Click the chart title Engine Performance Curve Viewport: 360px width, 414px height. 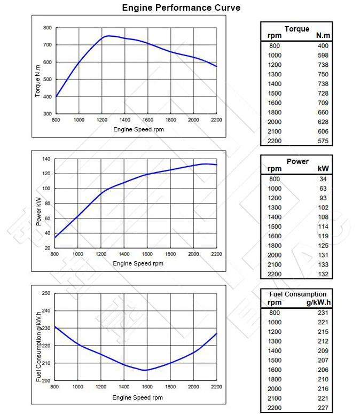click(x=181, y=8)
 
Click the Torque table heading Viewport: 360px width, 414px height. click(x=297, y=29)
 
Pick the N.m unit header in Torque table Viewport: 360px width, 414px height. click(x=323, y=36)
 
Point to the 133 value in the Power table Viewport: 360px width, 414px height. click(x=323, y=265)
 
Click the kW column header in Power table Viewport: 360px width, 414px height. click(x=323, y=169)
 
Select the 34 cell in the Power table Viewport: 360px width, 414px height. click(x=323, y=179)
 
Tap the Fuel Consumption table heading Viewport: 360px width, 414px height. click(x=298, y=294)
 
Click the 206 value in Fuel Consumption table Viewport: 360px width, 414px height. click(x=322, y=370)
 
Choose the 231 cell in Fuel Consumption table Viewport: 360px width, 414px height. click(x=322, y=313)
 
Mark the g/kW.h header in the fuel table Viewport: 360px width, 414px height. click(x=318, y=302)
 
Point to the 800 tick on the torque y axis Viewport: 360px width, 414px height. click(x=48, y=27)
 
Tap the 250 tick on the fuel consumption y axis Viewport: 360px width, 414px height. click(x=46, y=293)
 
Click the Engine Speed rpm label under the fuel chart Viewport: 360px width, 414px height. click(x=138, y=397)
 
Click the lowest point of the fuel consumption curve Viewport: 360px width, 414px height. click(x=145, y=370)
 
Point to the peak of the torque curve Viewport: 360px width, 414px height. click(x=108, y=36)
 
